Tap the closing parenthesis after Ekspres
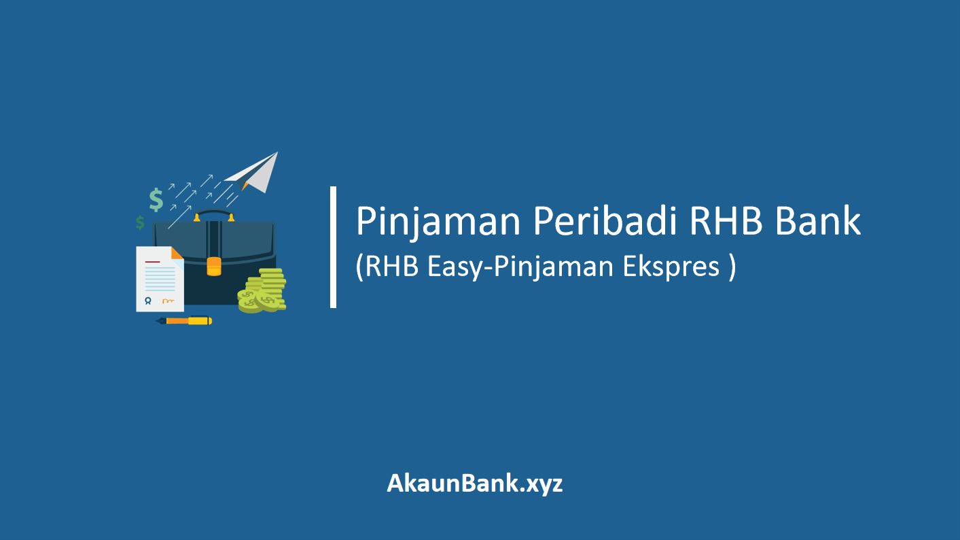coord(731,267)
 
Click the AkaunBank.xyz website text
coord(475,484)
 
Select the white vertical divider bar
coord(334,248)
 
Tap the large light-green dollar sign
coord(156,199)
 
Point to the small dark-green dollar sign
coord(140,222)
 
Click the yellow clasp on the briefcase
coord(214,265)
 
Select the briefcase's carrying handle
coord(214,216)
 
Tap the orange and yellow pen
coord(184,320)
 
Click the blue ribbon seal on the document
coord(147,301)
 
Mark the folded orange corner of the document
coord(177,253)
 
